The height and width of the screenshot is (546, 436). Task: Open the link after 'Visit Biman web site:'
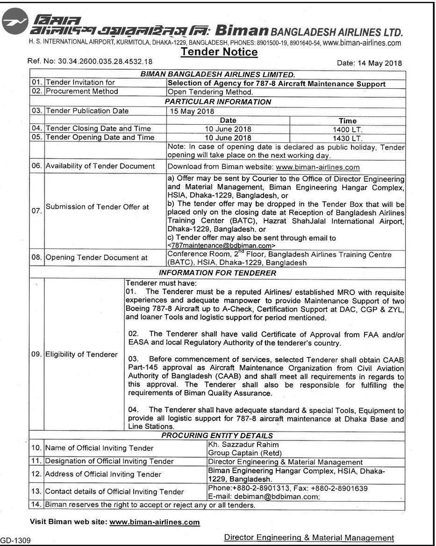click(155, 521)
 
